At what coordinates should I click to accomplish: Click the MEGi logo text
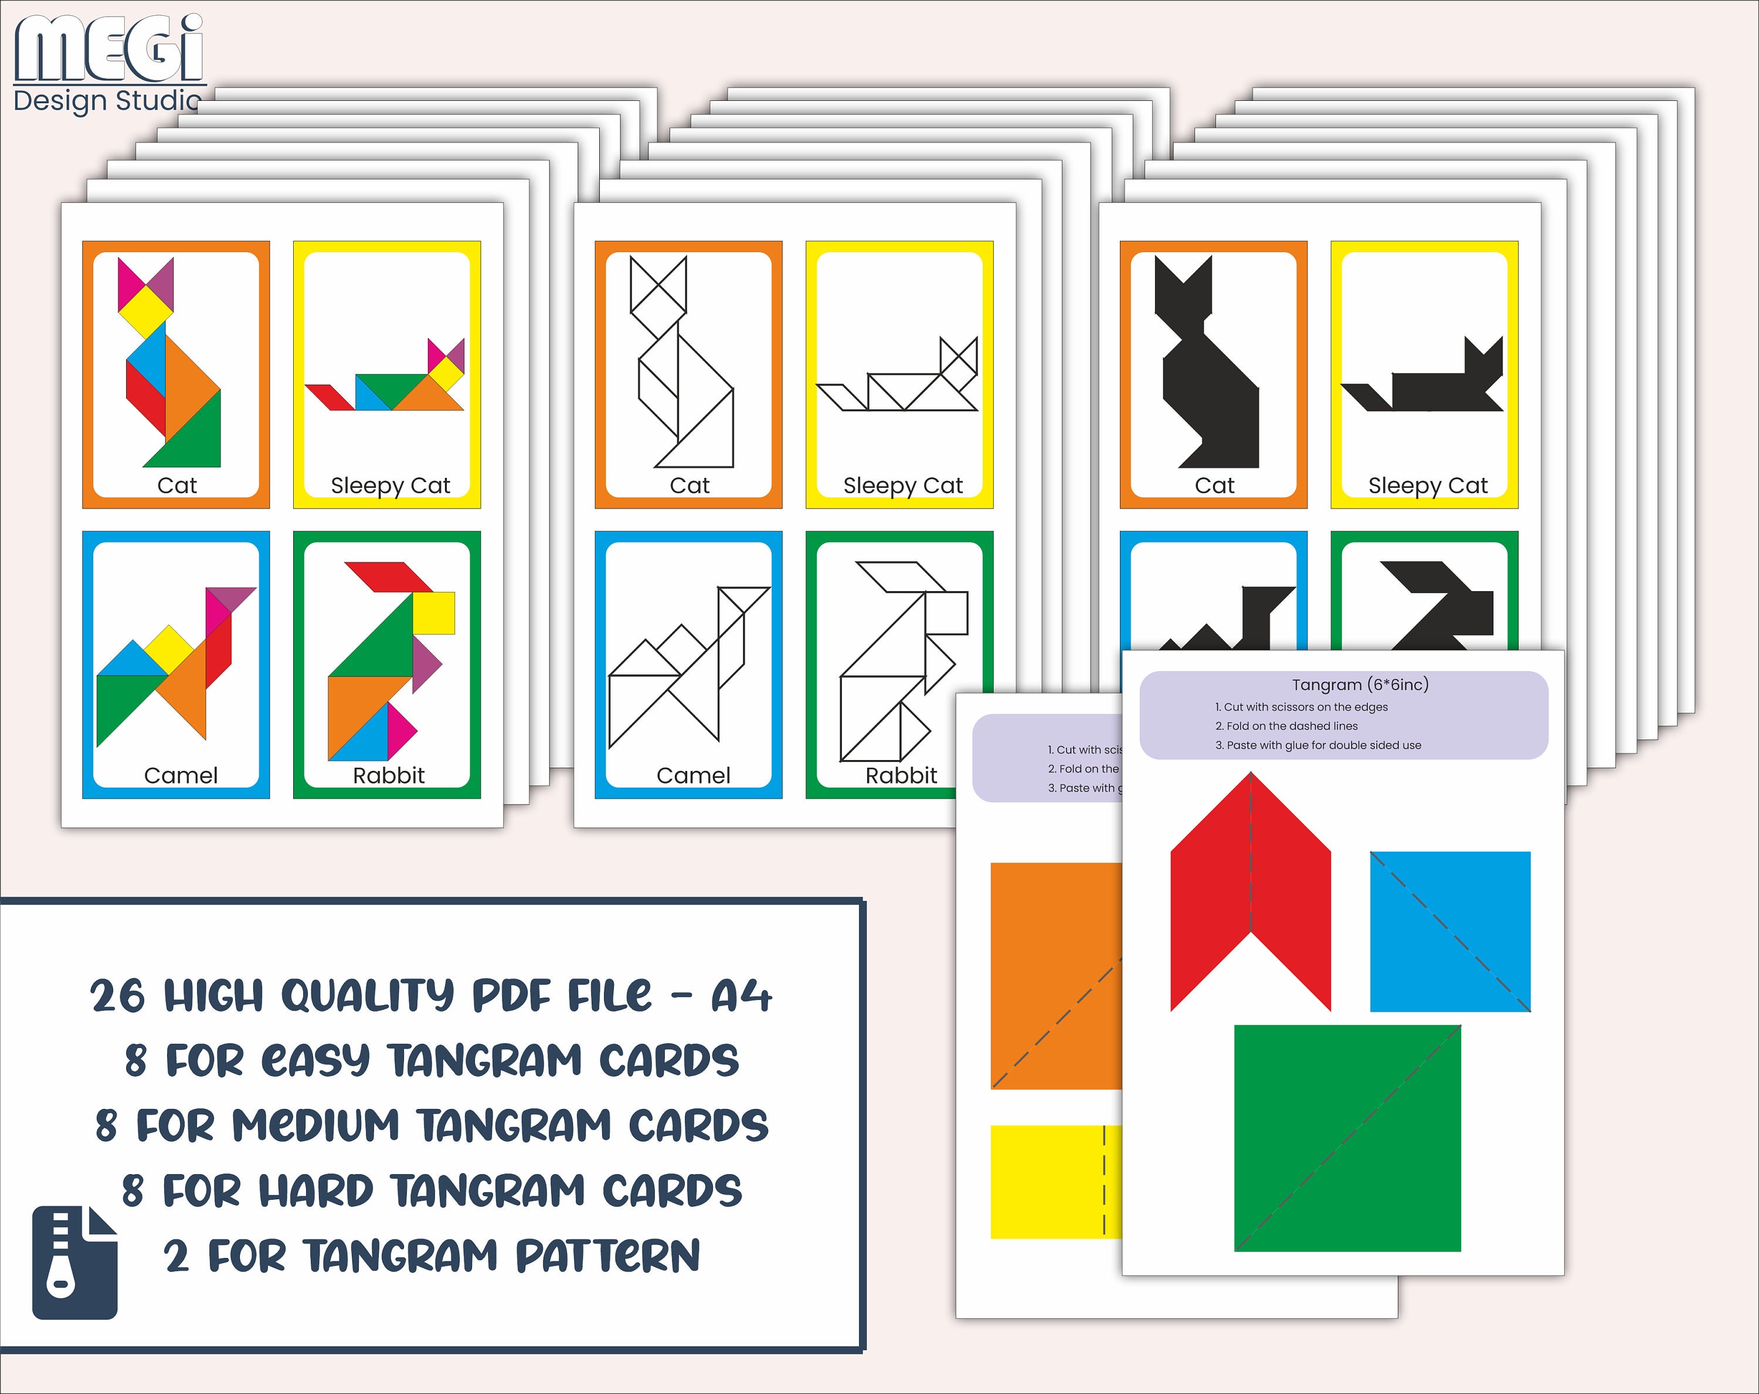(108, 49)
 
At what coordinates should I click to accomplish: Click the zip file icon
(75, 1262)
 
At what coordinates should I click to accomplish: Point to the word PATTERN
(608, 1256)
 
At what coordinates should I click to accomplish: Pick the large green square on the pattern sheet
(1347, 1138)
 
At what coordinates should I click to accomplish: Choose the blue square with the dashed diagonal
(1450, 931)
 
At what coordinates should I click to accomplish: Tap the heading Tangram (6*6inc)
(1360, 685)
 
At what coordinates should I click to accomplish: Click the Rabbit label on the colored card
(388, 775)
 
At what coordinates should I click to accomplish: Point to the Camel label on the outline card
(692, 775)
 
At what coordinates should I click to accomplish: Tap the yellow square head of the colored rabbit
(433, 613)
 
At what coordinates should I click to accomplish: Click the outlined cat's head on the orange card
(658, 296)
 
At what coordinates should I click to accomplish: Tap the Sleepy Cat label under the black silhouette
(1428, 486)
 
